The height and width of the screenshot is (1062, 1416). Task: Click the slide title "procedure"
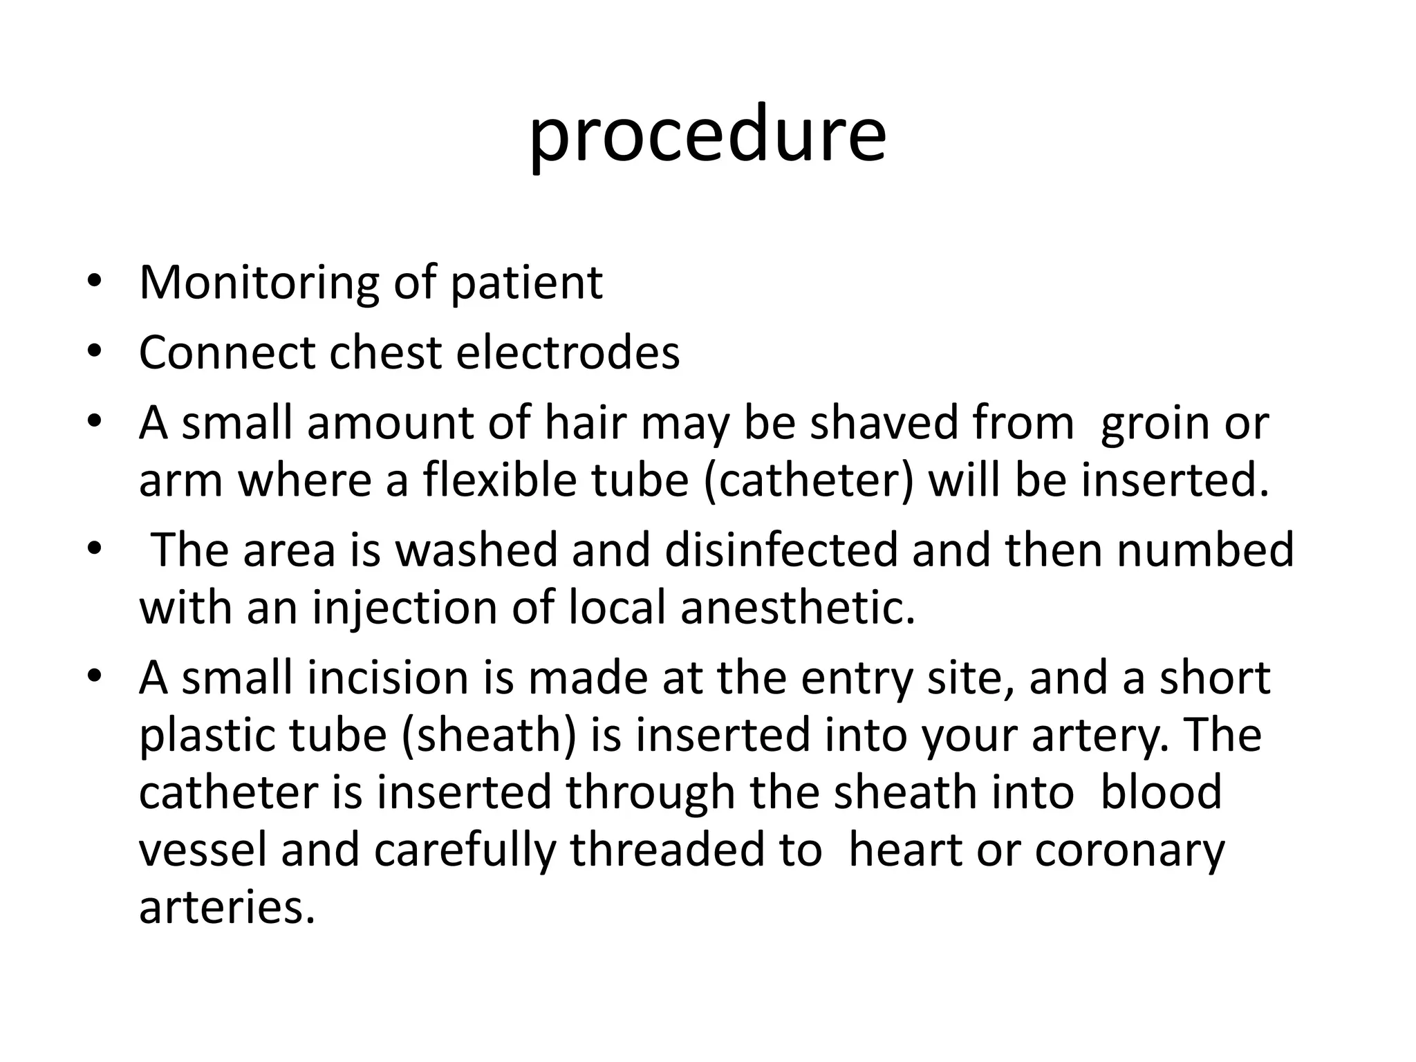(707, 135)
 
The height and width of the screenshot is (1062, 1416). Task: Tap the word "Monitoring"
(259, 283)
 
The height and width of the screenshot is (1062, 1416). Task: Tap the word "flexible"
(500, 481)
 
